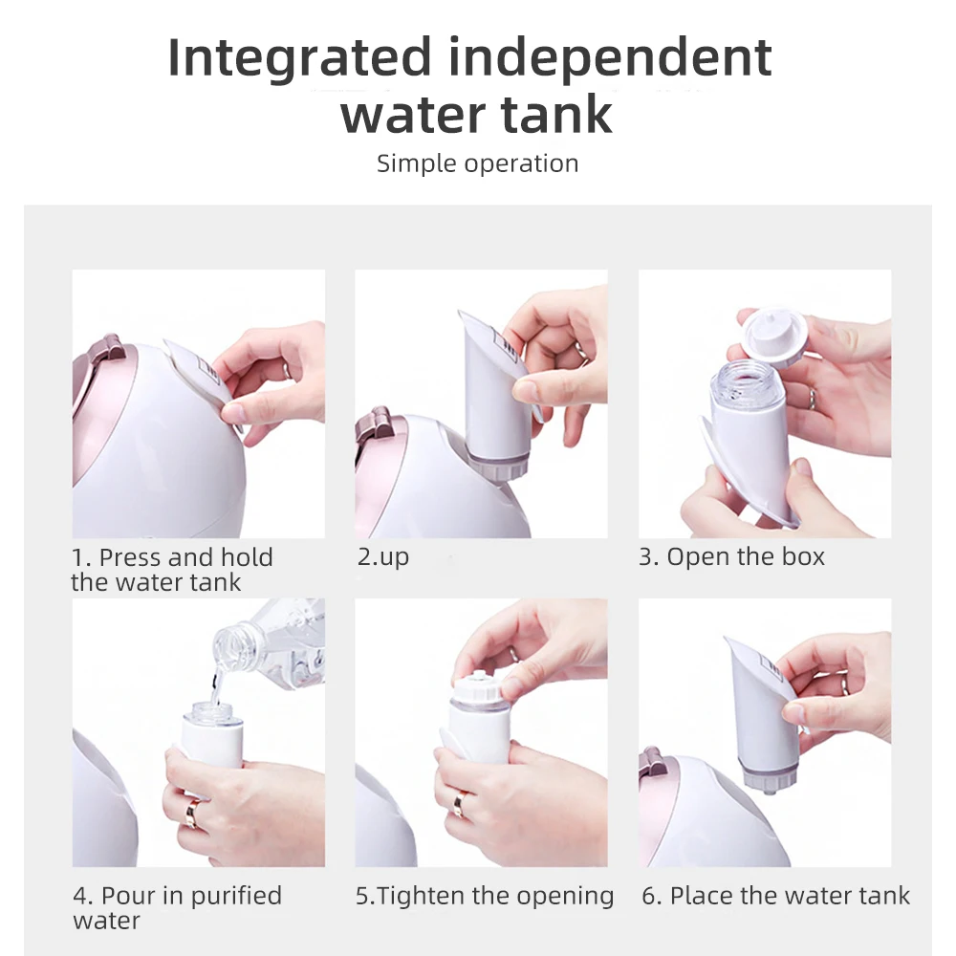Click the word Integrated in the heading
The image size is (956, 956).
(299, 58)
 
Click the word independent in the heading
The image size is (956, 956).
(610, 58)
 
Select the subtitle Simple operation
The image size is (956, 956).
(477, 163)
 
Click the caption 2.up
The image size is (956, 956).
(383, 557)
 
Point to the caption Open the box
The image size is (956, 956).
(745, 556)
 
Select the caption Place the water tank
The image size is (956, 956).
(790, 896)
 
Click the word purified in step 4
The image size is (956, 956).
(236, 897)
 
